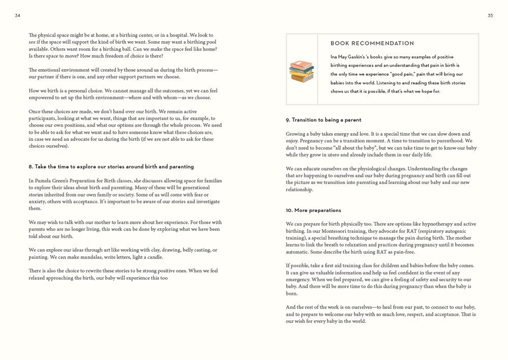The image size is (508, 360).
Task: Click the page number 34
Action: tap(17, 16)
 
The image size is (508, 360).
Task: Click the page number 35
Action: tap(490, 16)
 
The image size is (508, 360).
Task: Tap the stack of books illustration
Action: tap(301, 71)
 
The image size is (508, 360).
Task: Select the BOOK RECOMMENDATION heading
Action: tap(372, 44)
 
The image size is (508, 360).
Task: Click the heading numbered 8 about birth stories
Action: tap(111, 167)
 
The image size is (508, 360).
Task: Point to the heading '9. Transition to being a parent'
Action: tap(324, 120)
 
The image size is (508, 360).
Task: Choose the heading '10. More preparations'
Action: tap(313, 211)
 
